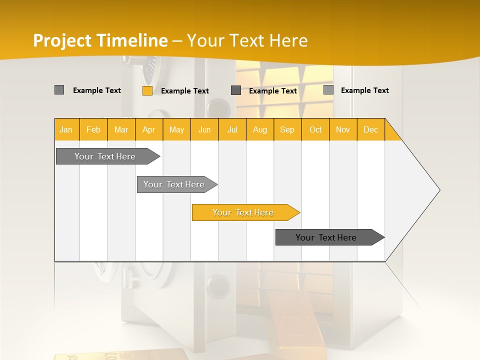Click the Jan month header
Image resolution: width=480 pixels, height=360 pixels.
click(66, 129)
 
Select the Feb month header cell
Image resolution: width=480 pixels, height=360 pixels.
click(93, 129)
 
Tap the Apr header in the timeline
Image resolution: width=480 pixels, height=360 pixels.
click(148, 129)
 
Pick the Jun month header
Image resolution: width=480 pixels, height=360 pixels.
click(204, 129)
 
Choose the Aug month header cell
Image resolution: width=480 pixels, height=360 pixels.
click(259, 129)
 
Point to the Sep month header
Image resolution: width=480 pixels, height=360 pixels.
click(287, 129)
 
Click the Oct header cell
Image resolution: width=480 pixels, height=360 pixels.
click(315, 129)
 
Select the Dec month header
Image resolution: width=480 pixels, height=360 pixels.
click(370, 129)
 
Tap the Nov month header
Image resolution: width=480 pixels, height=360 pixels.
click(342, 129)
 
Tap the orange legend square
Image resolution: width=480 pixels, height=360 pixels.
click(147, 90)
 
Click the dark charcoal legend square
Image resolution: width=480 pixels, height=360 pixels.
click(236, 90)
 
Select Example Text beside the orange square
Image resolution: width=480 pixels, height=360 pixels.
click(185, 91)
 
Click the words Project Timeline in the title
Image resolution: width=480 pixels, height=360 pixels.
click(100, 40)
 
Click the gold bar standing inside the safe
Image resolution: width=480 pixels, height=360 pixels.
click(287, 320)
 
